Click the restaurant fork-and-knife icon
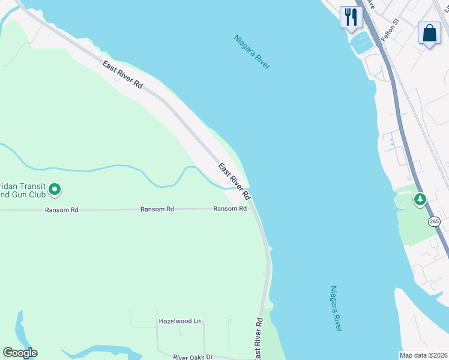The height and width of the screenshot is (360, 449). click(x=351, y=16)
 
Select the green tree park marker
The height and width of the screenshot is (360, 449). click(x=420, y=198)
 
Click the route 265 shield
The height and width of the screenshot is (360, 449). click(x=435, y=221)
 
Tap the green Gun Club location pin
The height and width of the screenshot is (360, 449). click(x=55, y=190)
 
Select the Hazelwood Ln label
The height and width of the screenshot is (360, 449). click(x=179, y=321)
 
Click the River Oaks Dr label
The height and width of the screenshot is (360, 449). click(x=193, y=356)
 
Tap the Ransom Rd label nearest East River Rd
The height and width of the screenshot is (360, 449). click(x=230, y=209)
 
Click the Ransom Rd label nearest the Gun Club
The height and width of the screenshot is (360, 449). click(x=61, y=210)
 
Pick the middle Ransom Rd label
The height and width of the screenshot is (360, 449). click(x=157, y=209)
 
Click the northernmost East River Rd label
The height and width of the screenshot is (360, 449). click(x=122, y=75)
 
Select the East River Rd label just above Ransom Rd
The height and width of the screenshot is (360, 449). click(x=234, y=181)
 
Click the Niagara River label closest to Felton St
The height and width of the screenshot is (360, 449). click(x=252, y=52)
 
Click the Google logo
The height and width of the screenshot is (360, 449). click(x=20, y=353)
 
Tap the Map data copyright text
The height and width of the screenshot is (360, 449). click(x=424, y=355)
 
